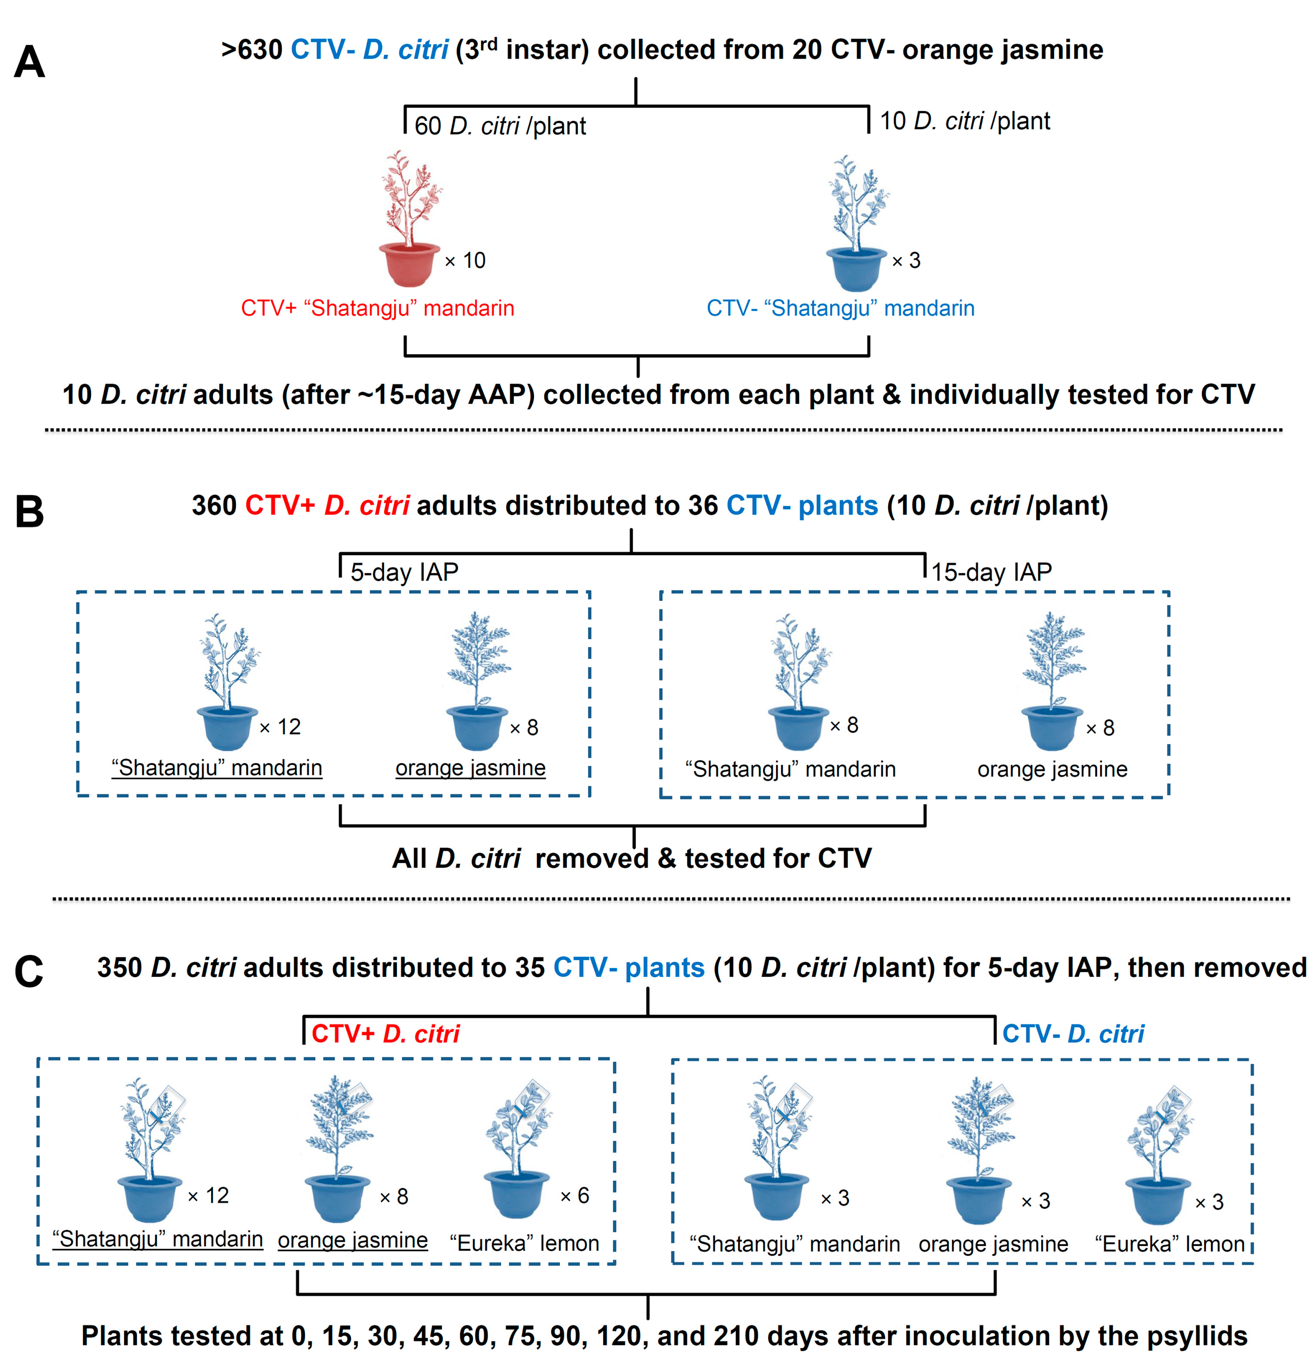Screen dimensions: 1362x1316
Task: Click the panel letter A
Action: pyautogui.click(x=29, y=62)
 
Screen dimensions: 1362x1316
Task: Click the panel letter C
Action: pyautogui.click(x=29, y=971)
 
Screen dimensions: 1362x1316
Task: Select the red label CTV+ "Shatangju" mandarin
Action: pyautogui.click(x=377, y=308)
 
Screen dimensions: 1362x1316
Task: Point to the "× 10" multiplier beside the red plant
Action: pyautogui.click(x=465, y=261)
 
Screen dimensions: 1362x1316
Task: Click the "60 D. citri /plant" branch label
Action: pyautogui.click(x=500, y=126)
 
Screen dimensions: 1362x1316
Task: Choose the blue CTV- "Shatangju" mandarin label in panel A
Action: pyautogui.click(x=840, y=308)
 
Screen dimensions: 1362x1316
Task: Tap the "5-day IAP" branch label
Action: pyautogui.click(x=404, y=572)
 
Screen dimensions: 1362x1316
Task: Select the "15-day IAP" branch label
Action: pyautogui.click(x=991, y=572)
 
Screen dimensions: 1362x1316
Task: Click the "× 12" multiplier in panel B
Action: pyautogui.click(x=281, y=727)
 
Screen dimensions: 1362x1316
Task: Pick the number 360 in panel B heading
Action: pyautogui.click(x=214, y=505)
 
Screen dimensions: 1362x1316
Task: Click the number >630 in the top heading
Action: pyautogui.click(x=252, y=50)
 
